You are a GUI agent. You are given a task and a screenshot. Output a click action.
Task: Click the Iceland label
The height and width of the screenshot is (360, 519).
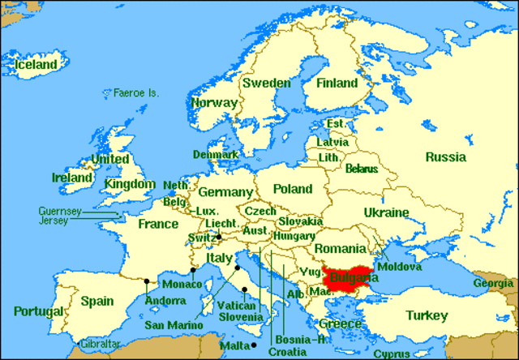(33, 64)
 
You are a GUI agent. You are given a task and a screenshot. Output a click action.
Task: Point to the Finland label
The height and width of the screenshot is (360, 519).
(337, 84)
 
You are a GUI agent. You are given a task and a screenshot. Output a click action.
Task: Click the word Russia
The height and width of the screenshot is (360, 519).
(445, 156)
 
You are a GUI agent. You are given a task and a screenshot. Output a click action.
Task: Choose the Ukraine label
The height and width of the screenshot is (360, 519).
(386, 212)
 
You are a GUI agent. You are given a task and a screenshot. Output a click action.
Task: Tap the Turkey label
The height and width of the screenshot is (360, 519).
(427, 315)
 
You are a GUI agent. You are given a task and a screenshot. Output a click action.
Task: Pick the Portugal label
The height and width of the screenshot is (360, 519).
(38, 311)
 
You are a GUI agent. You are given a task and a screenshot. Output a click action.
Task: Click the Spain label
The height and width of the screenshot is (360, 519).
(97, 301)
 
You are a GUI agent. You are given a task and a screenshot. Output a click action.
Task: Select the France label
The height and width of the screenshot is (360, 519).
(157, 224)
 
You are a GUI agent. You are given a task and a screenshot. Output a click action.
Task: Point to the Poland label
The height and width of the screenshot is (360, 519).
(292, 189)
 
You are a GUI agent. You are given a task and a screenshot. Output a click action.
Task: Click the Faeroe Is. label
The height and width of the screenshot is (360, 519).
(136, 92)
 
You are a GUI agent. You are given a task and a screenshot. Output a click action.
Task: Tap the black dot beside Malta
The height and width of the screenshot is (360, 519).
(253, 345)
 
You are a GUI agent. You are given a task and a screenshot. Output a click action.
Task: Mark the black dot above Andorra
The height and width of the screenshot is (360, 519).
(146, 282)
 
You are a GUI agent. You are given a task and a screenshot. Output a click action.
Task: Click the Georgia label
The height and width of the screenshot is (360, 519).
(493, 284)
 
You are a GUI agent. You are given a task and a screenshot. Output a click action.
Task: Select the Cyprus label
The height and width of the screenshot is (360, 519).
(392, 354)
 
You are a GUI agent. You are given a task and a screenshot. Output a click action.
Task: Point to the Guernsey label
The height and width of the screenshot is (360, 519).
(59, 211)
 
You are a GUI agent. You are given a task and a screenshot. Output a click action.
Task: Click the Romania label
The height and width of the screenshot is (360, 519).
(341, 248)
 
